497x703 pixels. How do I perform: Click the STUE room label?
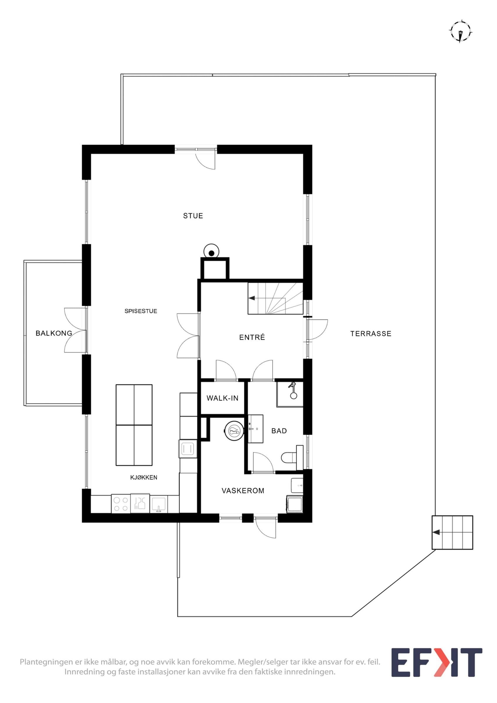193,216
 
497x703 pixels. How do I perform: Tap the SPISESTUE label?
141,311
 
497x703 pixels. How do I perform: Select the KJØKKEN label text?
144,477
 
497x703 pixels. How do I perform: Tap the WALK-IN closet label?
222,398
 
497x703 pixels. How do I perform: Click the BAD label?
279,431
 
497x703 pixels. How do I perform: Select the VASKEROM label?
243,491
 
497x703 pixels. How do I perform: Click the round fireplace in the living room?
211,251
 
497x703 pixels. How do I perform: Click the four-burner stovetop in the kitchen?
121,504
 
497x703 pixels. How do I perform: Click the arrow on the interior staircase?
252,298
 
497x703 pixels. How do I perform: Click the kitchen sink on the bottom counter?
158,504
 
